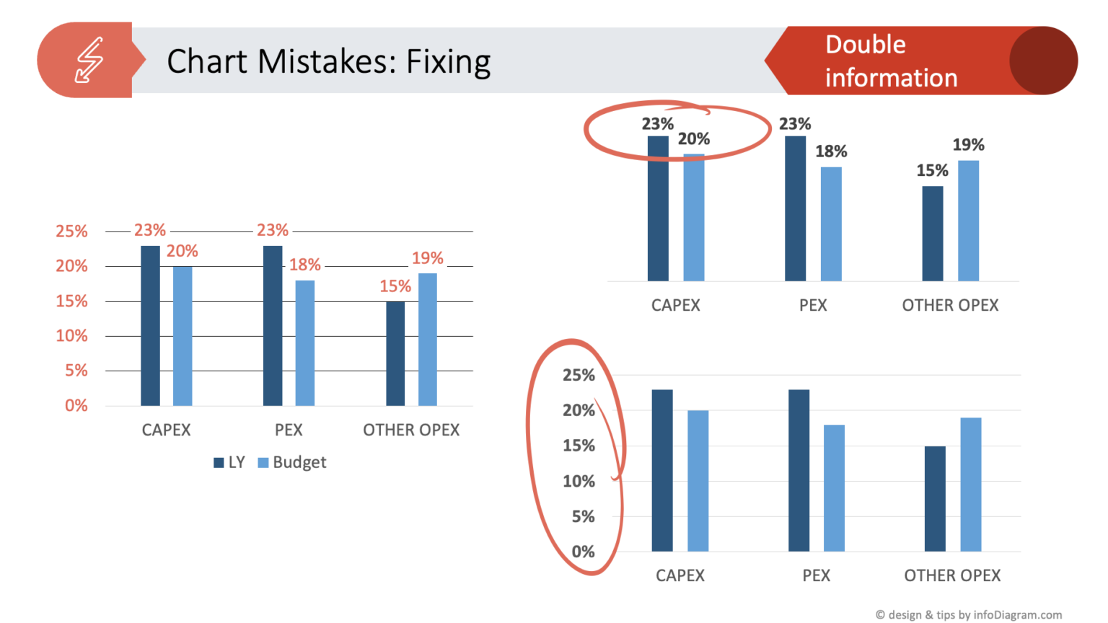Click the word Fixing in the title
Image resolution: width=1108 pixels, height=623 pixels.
(448, 62)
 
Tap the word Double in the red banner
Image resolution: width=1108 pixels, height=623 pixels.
(865, 45)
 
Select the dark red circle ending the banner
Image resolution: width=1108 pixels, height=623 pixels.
(1042, 61)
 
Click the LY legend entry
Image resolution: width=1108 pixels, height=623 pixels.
(229, 462)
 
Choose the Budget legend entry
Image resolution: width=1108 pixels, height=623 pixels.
(292, 462)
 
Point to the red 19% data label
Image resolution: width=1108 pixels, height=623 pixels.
(427, 258)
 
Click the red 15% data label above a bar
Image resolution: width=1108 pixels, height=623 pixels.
(395, 286)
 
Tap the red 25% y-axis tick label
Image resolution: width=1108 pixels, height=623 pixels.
(71, 231)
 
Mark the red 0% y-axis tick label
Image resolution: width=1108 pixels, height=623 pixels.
(76, 405)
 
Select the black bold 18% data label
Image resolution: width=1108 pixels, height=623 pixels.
(831, 151)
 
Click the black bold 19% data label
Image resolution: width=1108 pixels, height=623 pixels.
(968, 145)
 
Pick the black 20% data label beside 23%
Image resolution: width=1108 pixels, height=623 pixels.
(693, 139)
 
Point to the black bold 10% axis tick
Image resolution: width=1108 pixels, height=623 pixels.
(579, 481)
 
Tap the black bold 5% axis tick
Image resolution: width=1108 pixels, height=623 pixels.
(583, 516)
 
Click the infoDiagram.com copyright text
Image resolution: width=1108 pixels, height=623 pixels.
(968, 614)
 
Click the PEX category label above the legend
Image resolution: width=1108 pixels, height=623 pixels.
(289, 430)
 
